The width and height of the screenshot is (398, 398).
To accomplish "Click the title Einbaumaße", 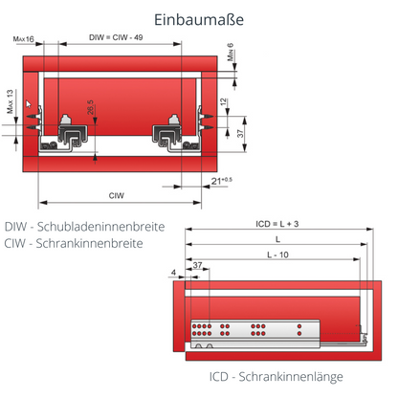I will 198,20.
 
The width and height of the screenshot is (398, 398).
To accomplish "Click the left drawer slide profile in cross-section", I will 70,131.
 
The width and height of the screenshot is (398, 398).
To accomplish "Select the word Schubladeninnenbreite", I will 106,227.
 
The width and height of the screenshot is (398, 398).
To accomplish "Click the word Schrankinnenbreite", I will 98,243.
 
